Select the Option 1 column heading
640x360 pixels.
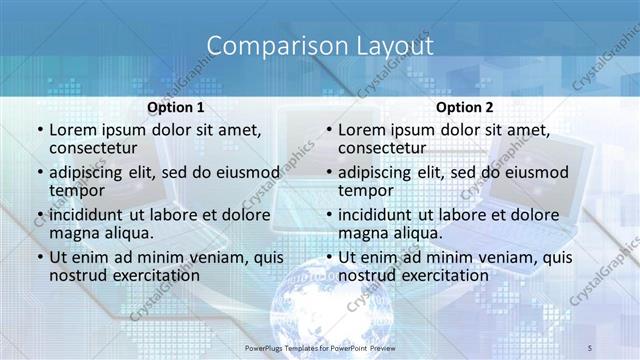coord(176,107)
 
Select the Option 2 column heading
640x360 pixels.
coord(464,107)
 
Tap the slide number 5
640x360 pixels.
coord(590,346)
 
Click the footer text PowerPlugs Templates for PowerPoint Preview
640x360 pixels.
coord(320,346)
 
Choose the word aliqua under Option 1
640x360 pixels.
coord(126,233)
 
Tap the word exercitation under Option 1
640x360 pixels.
coord(146,275)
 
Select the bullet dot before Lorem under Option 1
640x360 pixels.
coord(39,129)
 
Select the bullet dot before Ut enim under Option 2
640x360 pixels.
coord(328,256)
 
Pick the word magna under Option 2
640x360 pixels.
coord(362,233)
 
